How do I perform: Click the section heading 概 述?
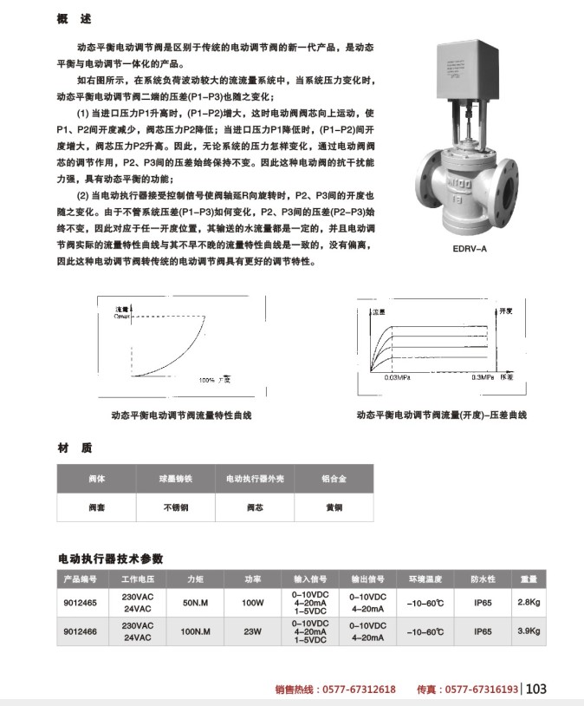click(73, 18)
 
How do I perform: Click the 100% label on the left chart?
click(206, 380)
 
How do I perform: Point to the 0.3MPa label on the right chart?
click(483, 378)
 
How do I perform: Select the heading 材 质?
click(75, 448)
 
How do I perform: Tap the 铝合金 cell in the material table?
click(334, 479)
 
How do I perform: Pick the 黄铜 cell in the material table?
click(334, 508)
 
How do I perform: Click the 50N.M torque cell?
click(198, 601)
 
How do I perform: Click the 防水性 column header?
click(483, 579)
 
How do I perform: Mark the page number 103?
click(536, 690)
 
